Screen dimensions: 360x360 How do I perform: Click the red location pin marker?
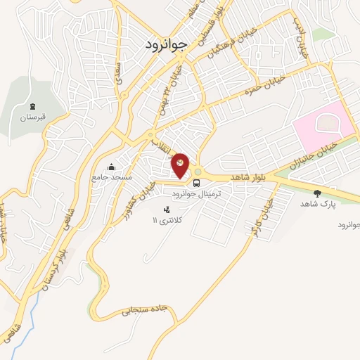181,165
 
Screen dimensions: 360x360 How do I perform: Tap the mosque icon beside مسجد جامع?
110,167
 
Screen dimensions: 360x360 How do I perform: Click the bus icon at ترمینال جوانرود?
196,181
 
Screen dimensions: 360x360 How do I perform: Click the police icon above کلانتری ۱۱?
167,210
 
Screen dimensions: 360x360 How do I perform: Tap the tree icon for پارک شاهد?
318,192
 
